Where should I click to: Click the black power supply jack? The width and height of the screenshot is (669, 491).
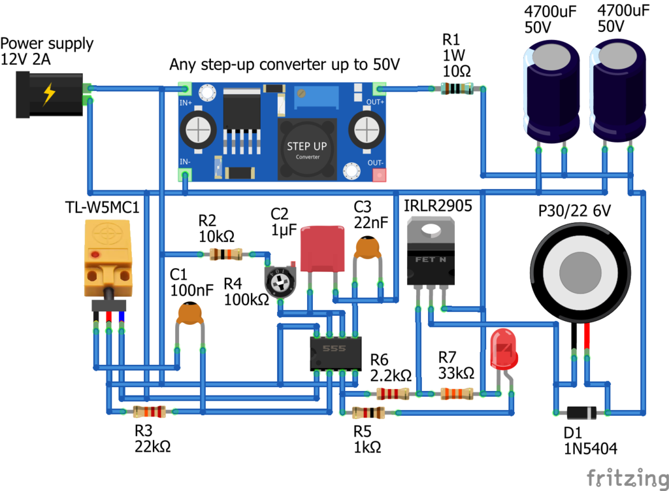pos(49,95)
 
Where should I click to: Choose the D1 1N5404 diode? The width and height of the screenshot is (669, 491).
pos(580,413)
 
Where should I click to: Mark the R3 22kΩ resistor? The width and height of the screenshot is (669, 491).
pos(149,412)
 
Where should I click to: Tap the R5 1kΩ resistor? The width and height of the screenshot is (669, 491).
pos(368,413)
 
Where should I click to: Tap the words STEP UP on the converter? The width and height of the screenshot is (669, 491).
pos(307,146)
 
